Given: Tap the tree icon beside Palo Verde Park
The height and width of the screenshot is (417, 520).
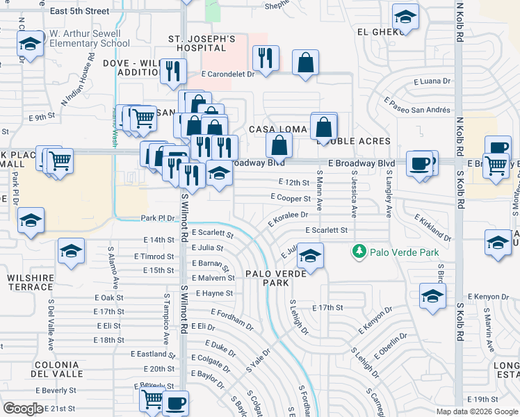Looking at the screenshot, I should [359, 251].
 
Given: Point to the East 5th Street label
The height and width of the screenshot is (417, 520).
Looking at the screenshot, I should [80, 11].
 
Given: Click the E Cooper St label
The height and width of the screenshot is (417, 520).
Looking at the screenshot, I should [290, 197].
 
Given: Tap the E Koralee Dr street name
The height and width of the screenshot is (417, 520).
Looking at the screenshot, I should [287, 220].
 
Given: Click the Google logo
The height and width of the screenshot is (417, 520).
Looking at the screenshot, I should [24, 409].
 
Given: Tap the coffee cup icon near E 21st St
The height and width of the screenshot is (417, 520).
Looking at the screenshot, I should [176, 402].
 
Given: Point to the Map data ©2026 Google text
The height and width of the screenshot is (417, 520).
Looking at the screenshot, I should [476, 411].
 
